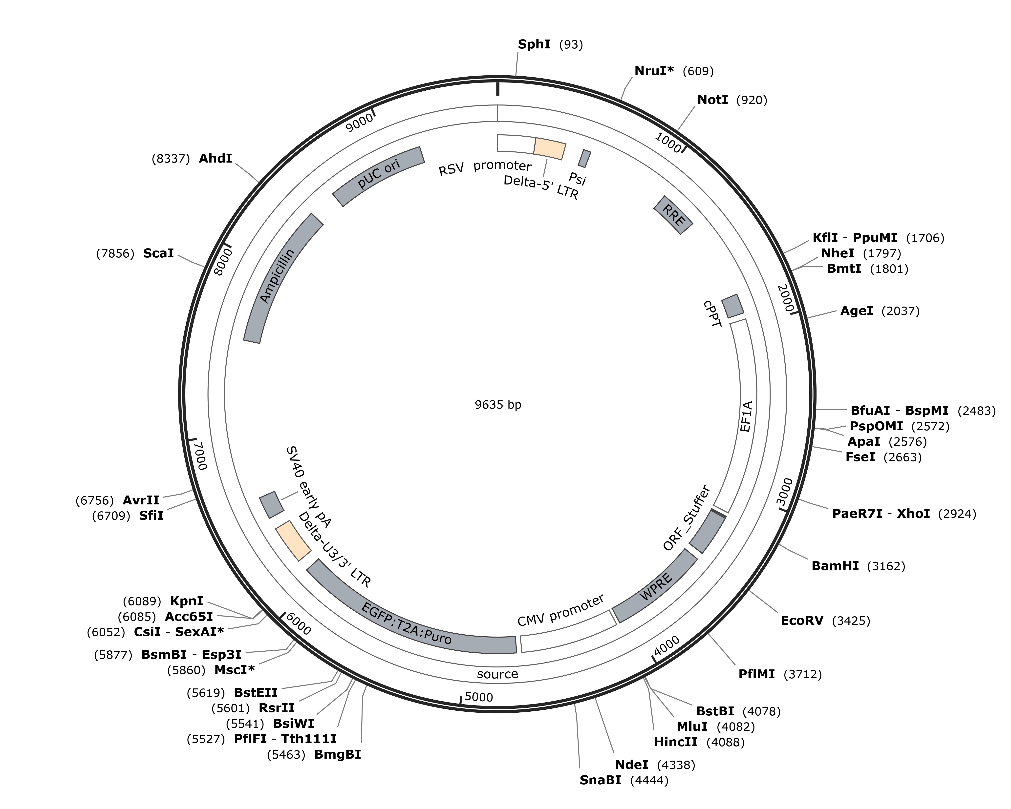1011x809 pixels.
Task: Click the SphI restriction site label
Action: pos(534,44)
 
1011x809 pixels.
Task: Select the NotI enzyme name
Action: pos(713,100)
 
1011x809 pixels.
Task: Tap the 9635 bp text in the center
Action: pos(498,405)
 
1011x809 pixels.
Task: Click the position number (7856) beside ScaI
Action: pos(115,254)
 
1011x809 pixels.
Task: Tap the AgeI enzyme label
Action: pos(857,311)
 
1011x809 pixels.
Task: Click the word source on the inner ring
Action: pos(497,674)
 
